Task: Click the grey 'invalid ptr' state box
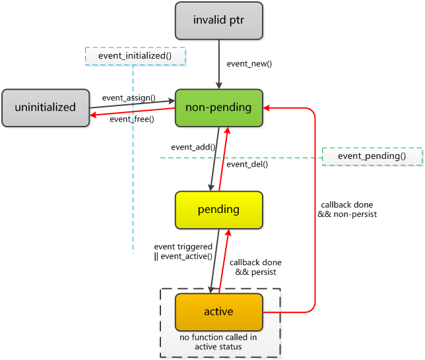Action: coord(219,21)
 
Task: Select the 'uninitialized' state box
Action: coord(46,108)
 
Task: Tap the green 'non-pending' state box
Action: coord(219,108)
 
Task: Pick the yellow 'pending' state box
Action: coord(219,210)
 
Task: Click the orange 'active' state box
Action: coord(219,312)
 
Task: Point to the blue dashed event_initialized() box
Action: coord(135,56)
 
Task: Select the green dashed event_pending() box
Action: coord(372,156)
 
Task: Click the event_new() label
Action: coord(249,64)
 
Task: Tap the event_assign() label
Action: coord(129,98)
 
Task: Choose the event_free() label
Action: coord(132,119)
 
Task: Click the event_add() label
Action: coord(193,147)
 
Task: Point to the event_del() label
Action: coord(247,164)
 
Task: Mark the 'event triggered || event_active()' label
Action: coord(183,251)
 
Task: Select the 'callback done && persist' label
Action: coord(255,267)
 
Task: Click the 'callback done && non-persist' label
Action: coord(347,210)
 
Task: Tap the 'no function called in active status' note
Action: coord(218,342)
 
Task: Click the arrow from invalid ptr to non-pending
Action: coord(219,65)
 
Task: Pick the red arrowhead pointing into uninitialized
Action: coord(93,115)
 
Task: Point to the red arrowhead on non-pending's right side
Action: coord(267,108)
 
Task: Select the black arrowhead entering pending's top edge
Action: coord(211,188)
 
